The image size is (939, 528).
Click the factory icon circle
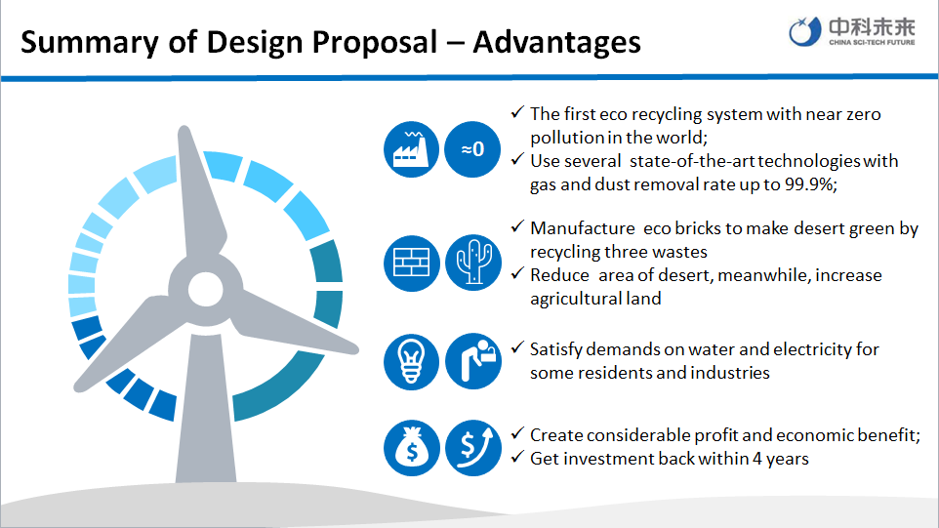pyautogui.click(x=411, y=149)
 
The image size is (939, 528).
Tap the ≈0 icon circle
pyautogui.click(x=472, y=149)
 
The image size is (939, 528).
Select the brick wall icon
pyautogui.click(x=411, y=263)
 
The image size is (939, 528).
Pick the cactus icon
pyautogui.click(x=473, y=263)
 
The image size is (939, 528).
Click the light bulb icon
pyautogui.click(x=411, y=361)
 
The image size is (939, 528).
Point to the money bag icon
pyautogui.click(x=411, y=448)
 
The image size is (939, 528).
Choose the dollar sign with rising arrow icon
pyautogui.click(x=473, y=448)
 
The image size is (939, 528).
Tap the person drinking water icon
pyautogui.click(x=473, y=361)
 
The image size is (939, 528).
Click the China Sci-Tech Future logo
pyautogui.click(x=851, y=31)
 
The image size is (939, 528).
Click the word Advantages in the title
pyautogui.click(x=557, y=43)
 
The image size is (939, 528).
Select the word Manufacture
pyautogui.click(x=583, y=228)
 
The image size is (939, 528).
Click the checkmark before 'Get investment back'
pyautogui.click(x=517, y=457)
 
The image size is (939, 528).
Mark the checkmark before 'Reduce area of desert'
pyautogui.click(x=517, y=273)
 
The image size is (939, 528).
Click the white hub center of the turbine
pyautogui.click(x=205, y=290)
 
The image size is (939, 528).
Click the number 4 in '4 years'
pyautogui.click(x=756, y=459)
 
